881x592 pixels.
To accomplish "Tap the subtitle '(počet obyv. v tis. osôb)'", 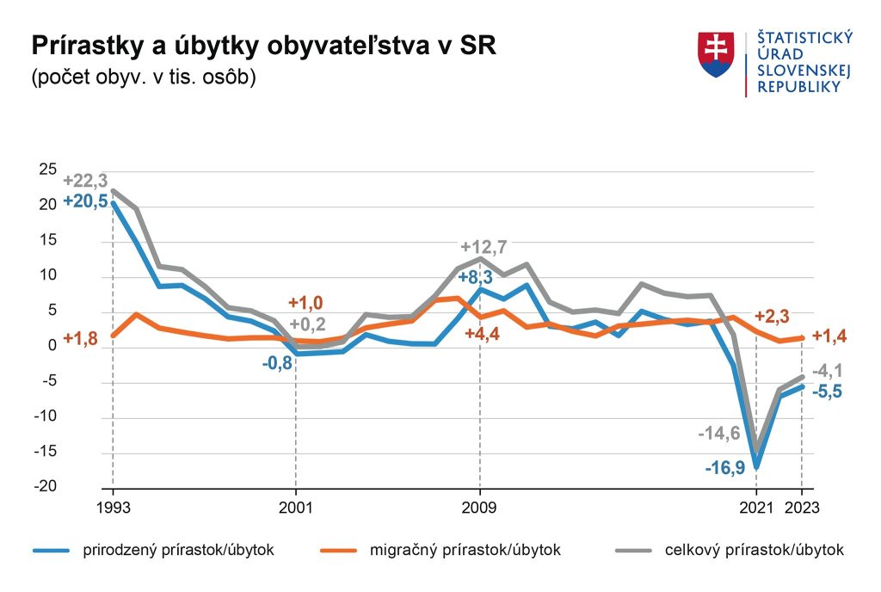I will point(143,77).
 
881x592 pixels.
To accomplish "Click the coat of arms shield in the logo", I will point(717,54).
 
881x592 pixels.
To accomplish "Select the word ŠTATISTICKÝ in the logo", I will point(804,37).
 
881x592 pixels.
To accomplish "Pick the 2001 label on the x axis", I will point(296,508).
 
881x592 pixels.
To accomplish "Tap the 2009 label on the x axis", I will point(480,508).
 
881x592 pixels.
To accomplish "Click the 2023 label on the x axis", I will point(802,508).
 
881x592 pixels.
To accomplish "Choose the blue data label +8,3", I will point(475,277).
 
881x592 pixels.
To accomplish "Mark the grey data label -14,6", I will point(719,433).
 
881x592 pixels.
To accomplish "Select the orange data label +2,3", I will point(773,317).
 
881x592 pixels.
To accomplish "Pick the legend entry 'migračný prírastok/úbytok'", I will point(440,550).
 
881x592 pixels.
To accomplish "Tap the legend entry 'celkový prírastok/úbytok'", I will point(730,550).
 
